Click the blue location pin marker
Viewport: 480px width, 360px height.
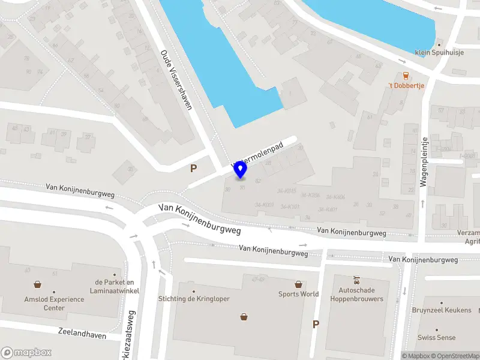point(241,170)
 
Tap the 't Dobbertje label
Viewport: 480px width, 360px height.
point(406,86)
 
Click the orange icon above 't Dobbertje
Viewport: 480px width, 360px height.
point(406,75)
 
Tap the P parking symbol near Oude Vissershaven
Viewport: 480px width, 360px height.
point(193,169)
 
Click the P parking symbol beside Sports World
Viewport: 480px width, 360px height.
point(316,325)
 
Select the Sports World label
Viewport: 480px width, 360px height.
point(298,294)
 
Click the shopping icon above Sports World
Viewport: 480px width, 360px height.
point(298,284)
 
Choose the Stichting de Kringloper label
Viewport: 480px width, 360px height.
point(193,299)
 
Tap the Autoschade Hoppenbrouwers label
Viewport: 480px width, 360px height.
point(357,295)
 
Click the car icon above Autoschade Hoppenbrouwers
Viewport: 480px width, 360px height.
point(357,280)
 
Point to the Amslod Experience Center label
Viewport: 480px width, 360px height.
point(37,303)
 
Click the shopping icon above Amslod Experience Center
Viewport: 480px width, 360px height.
point(37,285)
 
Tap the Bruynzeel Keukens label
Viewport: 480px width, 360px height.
point(442,310)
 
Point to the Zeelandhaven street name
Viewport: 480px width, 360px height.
point(82,333)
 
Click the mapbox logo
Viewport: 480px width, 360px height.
point(26,353)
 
